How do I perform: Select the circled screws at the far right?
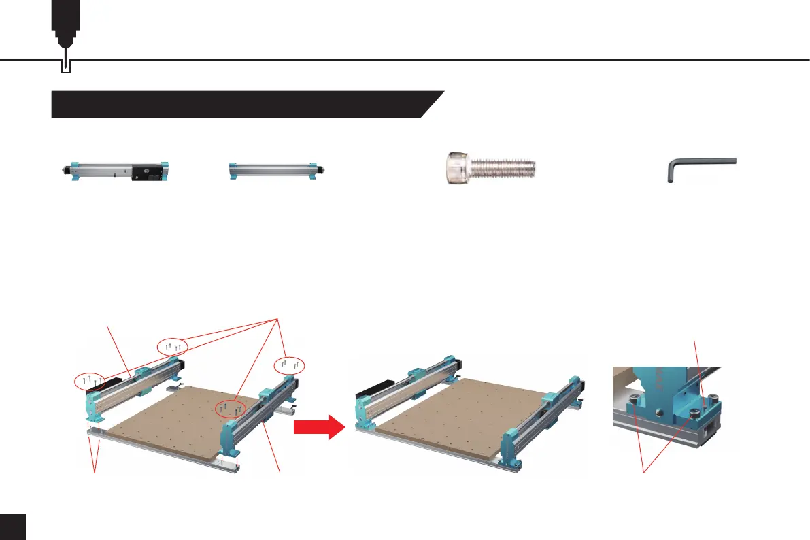290,365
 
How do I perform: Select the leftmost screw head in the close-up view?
635,401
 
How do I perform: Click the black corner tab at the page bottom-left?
12,527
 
